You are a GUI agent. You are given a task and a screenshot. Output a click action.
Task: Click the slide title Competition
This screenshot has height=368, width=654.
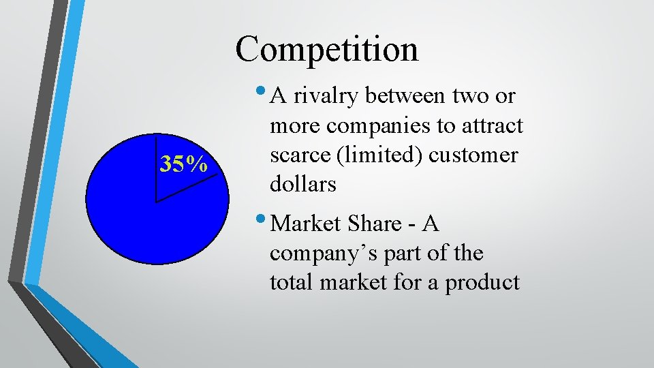(327, 49)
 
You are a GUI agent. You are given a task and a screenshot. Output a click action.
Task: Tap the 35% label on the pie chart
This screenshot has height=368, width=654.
(183, 164)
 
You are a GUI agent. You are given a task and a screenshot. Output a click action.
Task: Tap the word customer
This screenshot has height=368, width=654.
(473, 155)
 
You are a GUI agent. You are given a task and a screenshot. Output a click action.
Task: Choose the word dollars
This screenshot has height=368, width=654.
(303, 185)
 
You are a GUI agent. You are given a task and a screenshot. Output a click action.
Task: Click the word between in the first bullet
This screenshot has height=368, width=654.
(406, 97)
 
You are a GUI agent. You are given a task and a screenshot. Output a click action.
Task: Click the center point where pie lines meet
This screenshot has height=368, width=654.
(156, 202)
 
